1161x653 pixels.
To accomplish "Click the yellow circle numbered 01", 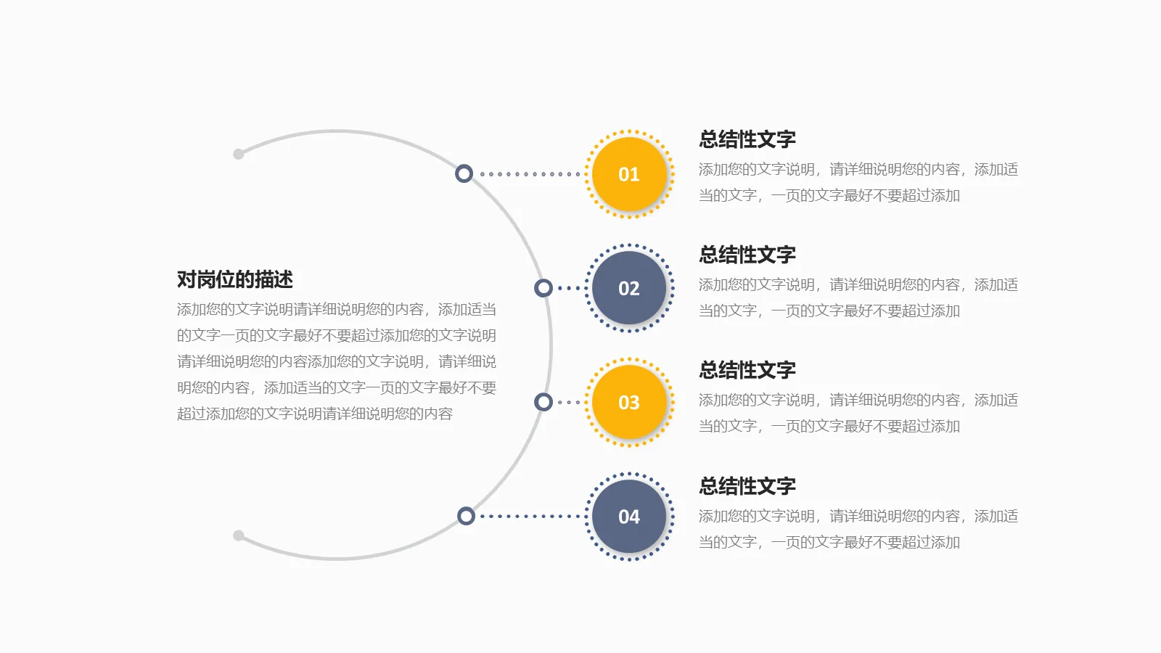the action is point(629,174).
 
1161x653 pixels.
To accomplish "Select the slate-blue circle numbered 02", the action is point(629,288).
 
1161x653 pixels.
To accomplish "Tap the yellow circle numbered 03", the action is point(629,402).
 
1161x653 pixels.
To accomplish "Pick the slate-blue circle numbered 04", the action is point(629,517).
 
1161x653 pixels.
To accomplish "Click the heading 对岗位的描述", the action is point(235,279).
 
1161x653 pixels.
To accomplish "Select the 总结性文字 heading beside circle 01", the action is point(747,139).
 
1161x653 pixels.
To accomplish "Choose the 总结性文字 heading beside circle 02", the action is point(747,255).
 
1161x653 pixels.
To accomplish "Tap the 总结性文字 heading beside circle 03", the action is point(747,370).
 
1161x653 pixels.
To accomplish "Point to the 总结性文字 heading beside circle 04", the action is point(747,486).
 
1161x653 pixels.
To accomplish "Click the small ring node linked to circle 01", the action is point(464,173).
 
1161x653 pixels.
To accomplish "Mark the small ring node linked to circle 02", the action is point(543,288).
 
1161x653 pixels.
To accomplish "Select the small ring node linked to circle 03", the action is point(543,402).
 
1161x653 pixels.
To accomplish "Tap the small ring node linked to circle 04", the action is point(466,516).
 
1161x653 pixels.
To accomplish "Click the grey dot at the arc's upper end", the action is point(239,154).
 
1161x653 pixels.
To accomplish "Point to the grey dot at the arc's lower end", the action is point(239,535).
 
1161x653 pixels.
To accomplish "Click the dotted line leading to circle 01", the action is point(530,174).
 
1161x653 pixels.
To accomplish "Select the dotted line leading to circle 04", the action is point(530,517).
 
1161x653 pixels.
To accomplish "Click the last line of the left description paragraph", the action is point(315,414).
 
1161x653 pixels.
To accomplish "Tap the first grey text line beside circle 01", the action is point(858,169).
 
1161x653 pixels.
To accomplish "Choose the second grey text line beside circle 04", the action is point(829,542).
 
